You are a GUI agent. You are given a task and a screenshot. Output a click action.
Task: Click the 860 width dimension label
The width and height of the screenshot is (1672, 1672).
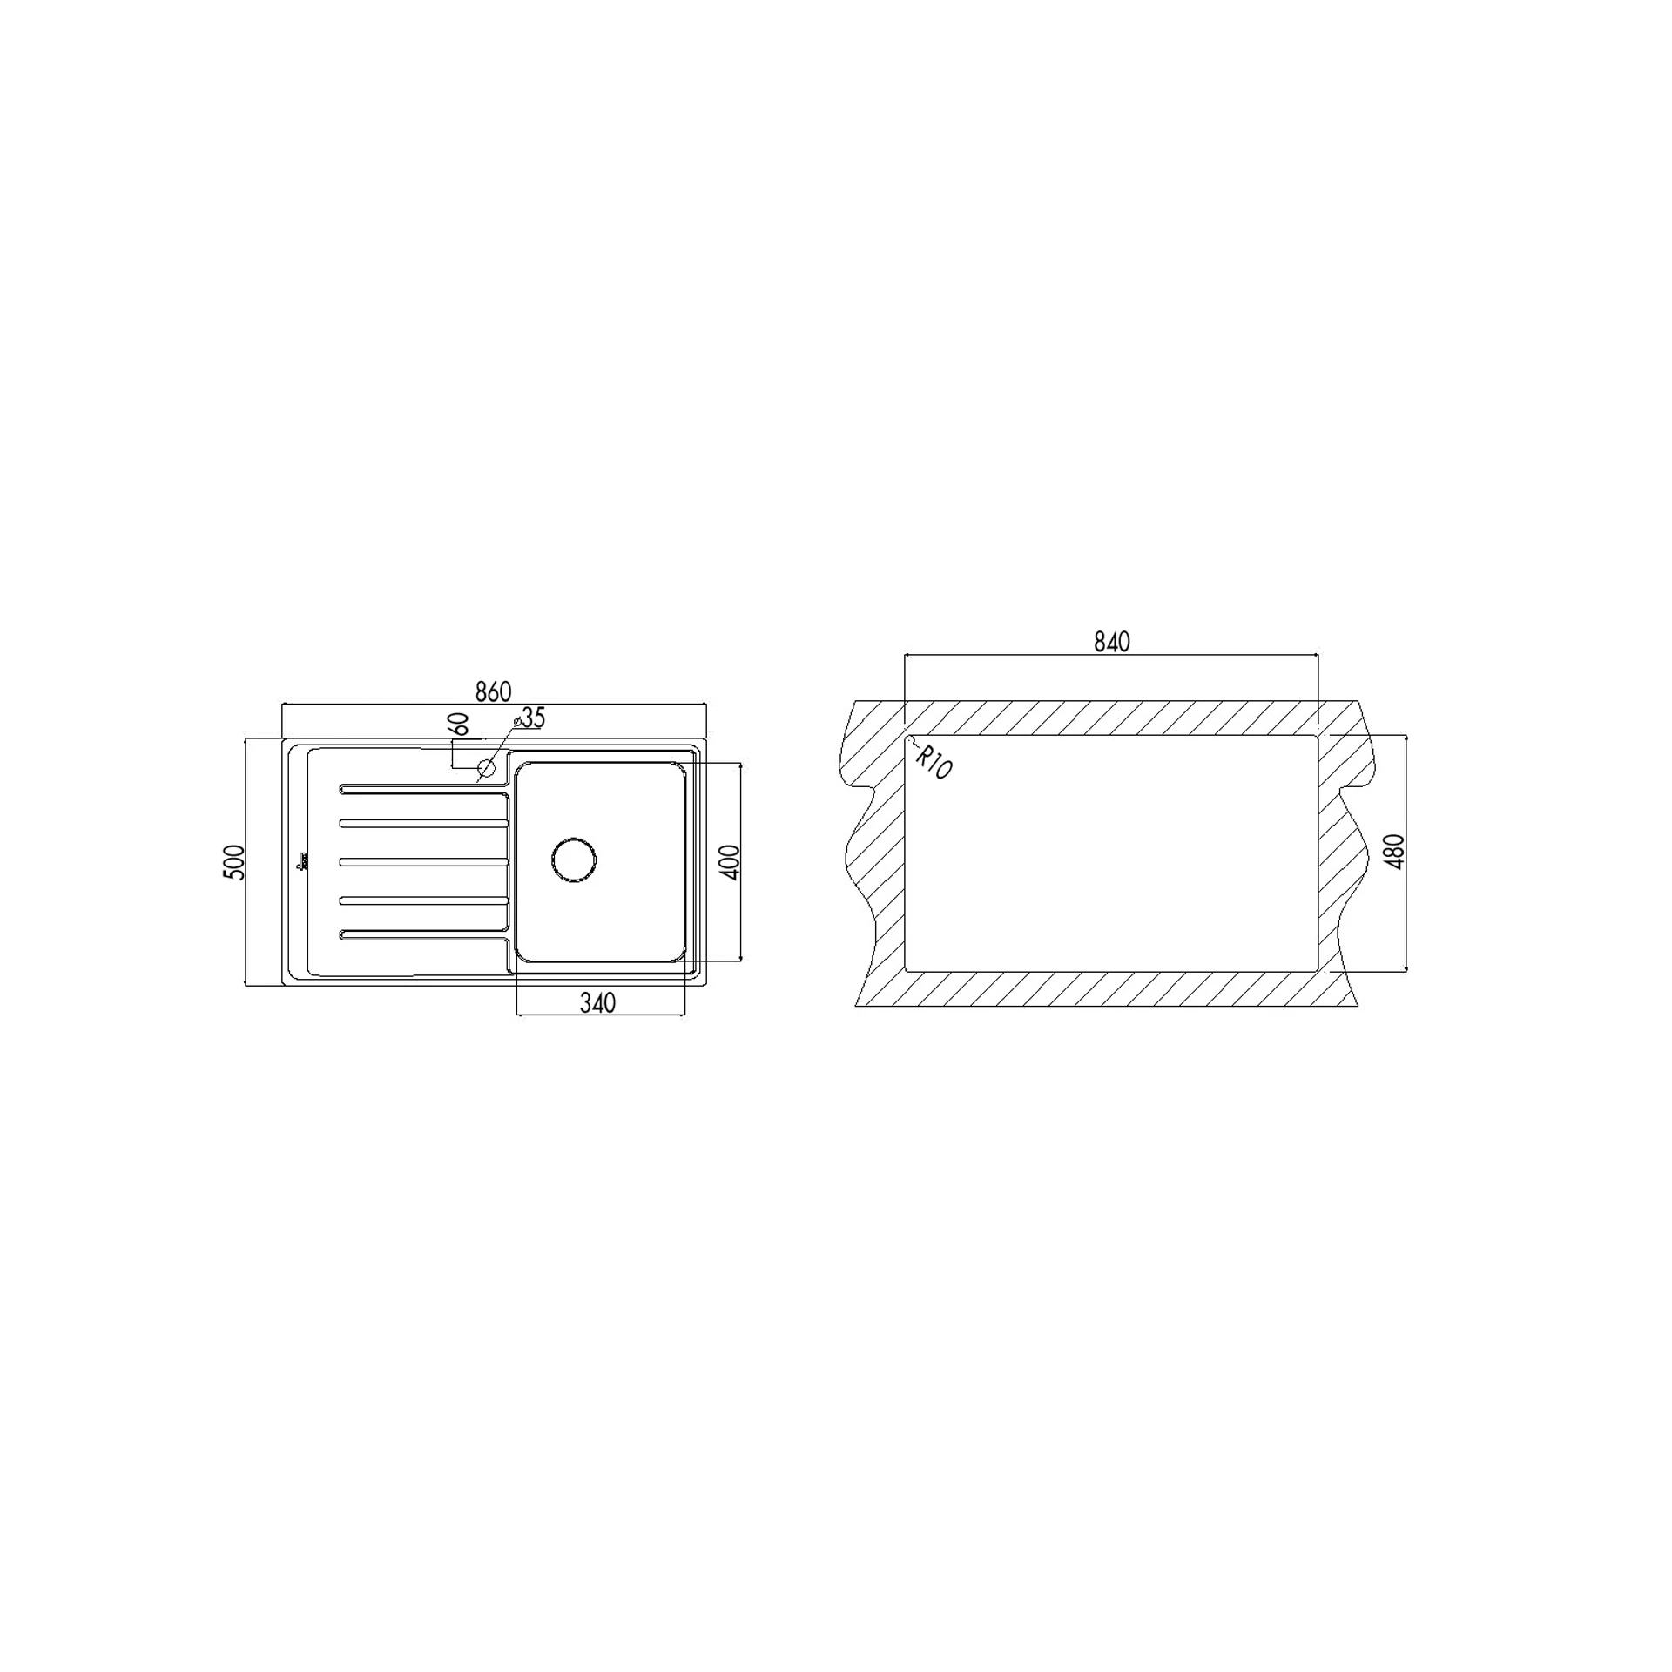(x=493, y=691)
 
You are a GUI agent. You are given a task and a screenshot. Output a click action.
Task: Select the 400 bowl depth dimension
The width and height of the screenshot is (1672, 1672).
(x=730, y=861)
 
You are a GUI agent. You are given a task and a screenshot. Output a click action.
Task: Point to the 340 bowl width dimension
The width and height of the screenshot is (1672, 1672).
(x=597, y=1003)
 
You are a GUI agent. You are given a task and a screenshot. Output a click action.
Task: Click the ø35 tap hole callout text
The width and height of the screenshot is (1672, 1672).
(x=529, y=718)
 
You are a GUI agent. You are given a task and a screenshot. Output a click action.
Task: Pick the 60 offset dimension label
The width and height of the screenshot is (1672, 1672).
(x=459, y=725)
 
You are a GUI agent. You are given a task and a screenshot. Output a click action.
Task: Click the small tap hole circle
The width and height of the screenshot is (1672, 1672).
(x=487, y=768)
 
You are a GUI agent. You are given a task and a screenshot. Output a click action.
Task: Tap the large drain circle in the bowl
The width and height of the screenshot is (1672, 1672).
(x=574, y=860)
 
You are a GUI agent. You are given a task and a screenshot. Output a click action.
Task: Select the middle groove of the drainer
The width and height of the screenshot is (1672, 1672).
(x=424, y=861)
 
